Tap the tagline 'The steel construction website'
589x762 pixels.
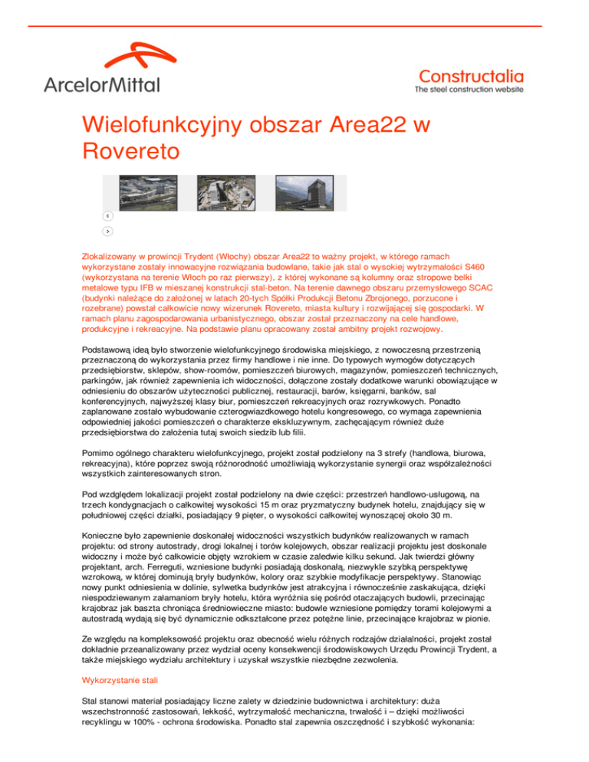tap(469, 90)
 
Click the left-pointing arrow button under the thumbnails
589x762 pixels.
tap(108, 216)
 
